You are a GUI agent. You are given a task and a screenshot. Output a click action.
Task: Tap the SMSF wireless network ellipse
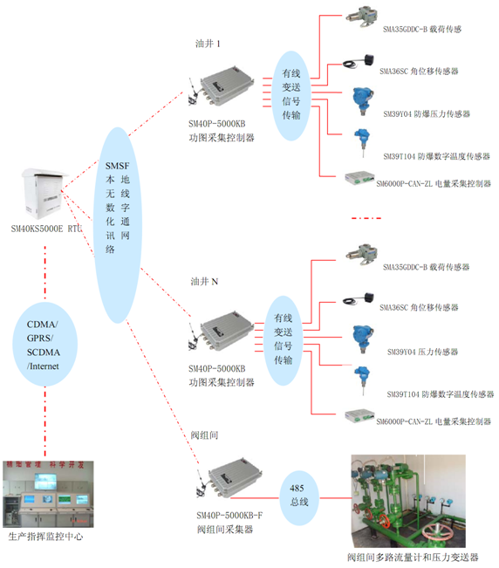(116, 206)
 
